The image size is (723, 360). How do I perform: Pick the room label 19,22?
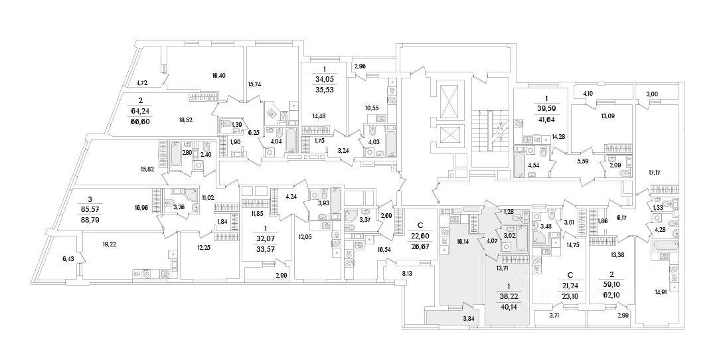(x=110, y=243)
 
